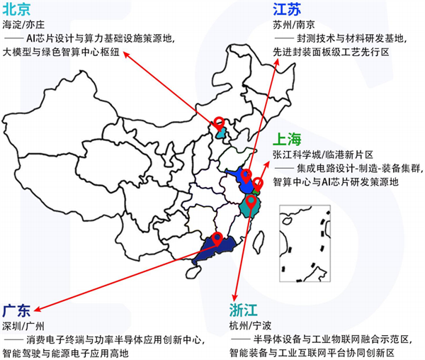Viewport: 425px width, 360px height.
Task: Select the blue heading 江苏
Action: click(288, 9)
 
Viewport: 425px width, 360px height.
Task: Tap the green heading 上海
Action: click(289, 139)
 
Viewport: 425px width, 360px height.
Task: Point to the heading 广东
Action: click(18, 311)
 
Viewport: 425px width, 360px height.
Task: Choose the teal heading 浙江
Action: click(245, 310)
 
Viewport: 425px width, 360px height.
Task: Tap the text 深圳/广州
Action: click(23, 325)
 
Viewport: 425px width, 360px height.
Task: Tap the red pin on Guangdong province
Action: click(217, 237)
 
